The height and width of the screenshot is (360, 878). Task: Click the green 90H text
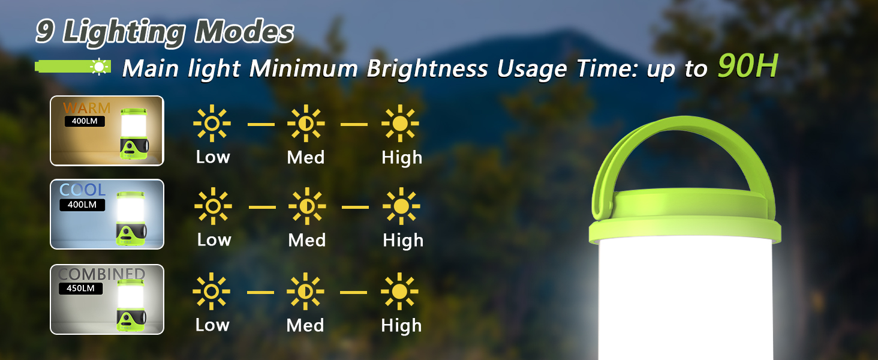point(747,66)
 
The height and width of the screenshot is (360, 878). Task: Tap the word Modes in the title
point(244,31)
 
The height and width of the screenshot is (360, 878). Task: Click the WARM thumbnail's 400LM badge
point(85,121)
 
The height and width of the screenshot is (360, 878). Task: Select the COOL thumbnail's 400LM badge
point(82,205)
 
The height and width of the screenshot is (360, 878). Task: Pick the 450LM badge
point(80,288)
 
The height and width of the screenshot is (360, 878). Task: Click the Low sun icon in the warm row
point(212,123)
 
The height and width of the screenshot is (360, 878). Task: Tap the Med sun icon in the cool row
point(307,206)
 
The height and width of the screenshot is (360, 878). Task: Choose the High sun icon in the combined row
point(399,292)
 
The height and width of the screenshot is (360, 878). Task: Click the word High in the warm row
point(402,158)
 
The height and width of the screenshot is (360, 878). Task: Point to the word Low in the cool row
point(214,239)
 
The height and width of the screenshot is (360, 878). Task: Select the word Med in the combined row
point(305,325)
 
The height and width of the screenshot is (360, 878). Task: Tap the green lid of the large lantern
point(685,220)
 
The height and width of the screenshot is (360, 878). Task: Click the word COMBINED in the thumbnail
point(101,274)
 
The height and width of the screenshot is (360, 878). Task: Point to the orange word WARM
point(86,108)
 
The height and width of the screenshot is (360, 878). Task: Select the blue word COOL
point(82,190)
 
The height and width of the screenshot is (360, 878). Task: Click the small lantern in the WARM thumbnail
point(134,134)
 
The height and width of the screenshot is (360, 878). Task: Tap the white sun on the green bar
point(99,67)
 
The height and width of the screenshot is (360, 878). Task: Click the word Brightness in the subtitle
point(427,69)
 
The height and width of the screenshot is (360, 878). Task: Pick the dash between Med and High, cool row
point(355,206)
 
